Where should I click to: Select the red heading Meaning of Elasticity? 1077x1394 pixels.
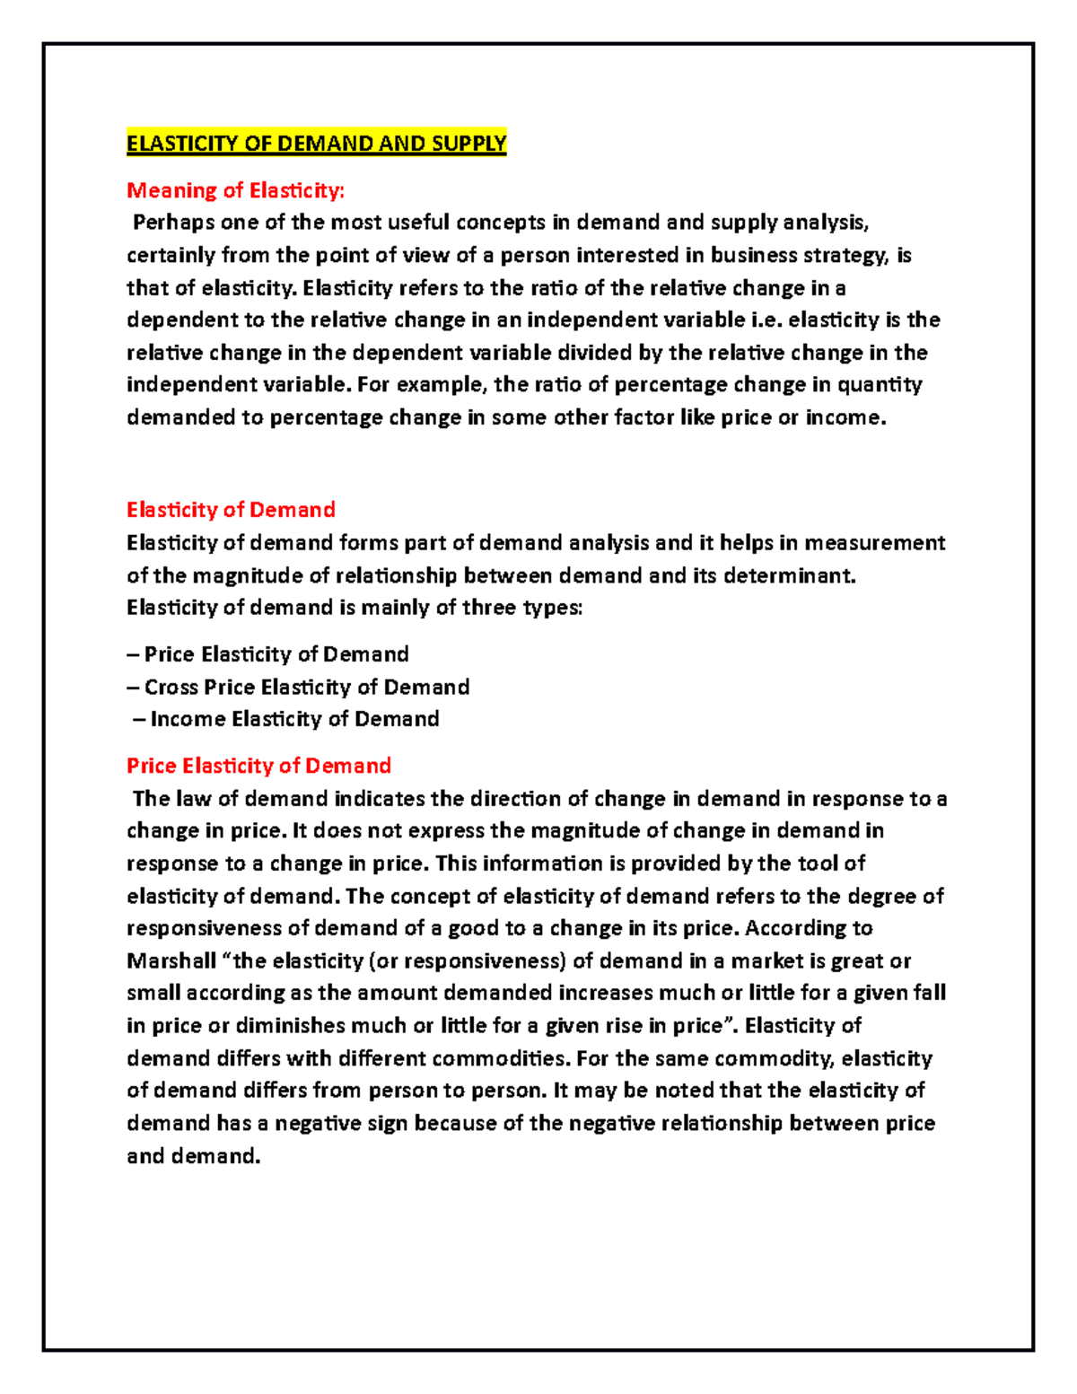235,190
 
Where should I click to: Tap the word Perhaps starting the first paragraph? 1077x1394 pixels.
171,223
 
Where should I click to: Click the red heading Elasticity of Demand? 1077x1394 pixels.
231,510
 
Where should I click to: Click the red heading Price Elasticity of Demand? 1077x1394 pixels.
258,766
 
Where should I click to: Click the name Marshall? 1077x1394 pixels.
171,961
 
